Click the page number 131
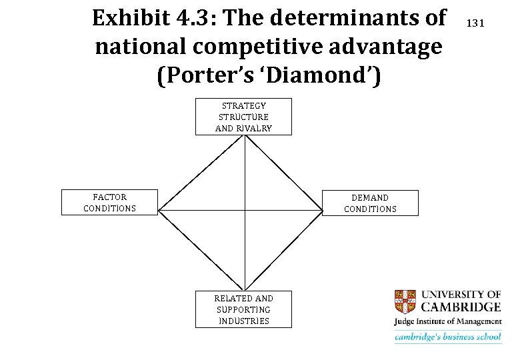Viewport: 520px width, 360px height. click(x=475, y=23)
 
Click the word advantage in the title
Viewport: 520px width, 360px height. click(x=394, y=47)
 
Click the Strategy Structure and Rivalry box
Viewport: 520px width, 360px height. click(x=243, y=117)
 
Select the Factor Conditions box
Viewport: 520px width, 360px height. click(x=109, y=203)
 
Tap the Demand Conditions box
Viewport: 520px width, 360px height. click(x=370, y=203)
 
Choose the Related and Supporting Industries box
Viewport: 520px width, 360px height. click(x=243, y=309)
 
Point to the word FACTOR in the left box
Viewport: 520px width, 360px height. click(x=109, y=197)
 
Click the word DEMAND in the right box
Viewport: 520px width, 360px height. click(x=370, y=198)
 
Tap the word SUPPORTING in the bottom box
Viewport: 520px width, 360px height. click(x=243, y=309)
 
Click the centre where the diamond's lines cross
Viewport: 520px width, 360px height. click(x=245, y=210)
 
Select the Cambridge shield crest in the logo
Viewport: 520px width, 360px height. click(x=405, y=301)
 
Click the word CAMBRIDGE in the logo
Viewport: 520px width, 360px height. click(x=461, y=307)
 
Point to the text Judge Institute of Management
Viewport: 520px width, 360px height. click(x=448, y=322)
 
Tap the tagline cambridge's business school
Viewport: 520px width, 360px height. click(x=448, y=337)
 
